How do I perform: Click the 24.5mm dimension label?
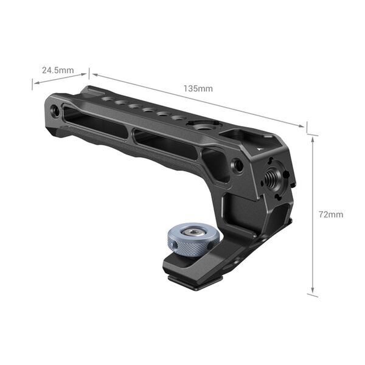tap(57, 70)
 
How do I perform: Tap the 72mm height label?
tap(331, 215)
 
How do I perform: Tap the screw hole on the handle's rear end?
tap(56, 111)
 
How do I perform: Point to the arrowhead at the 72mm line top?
tap(313, 138)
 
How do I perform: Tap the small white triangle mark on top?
tap(260, 148)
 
